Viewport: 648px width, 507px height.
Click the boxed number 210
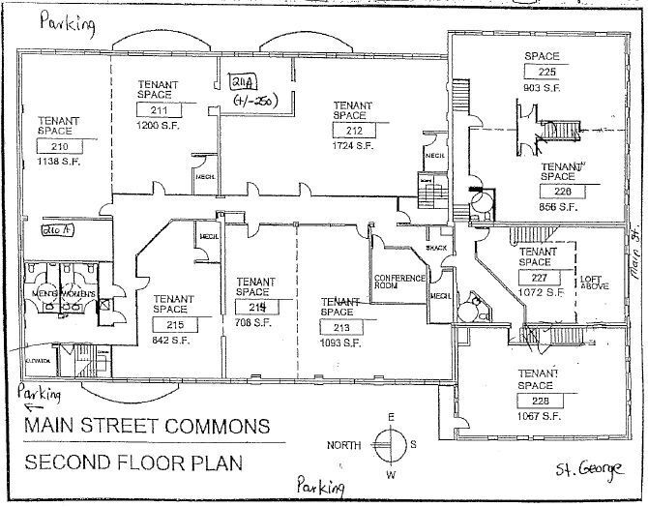pyautogui.click(x=59, y=146)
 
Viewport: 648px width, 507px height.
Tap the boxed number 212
pyautogui.click(x=353, y=131)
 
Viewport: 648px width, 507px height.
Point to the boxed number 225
pyautogui.click(x=547, y=71)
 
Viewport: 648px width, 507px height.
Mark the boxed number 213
pyautogui.click(x=341, y=327)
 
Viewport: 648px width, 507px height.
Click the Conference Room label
pyautogui.click(x=400, y=283)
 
